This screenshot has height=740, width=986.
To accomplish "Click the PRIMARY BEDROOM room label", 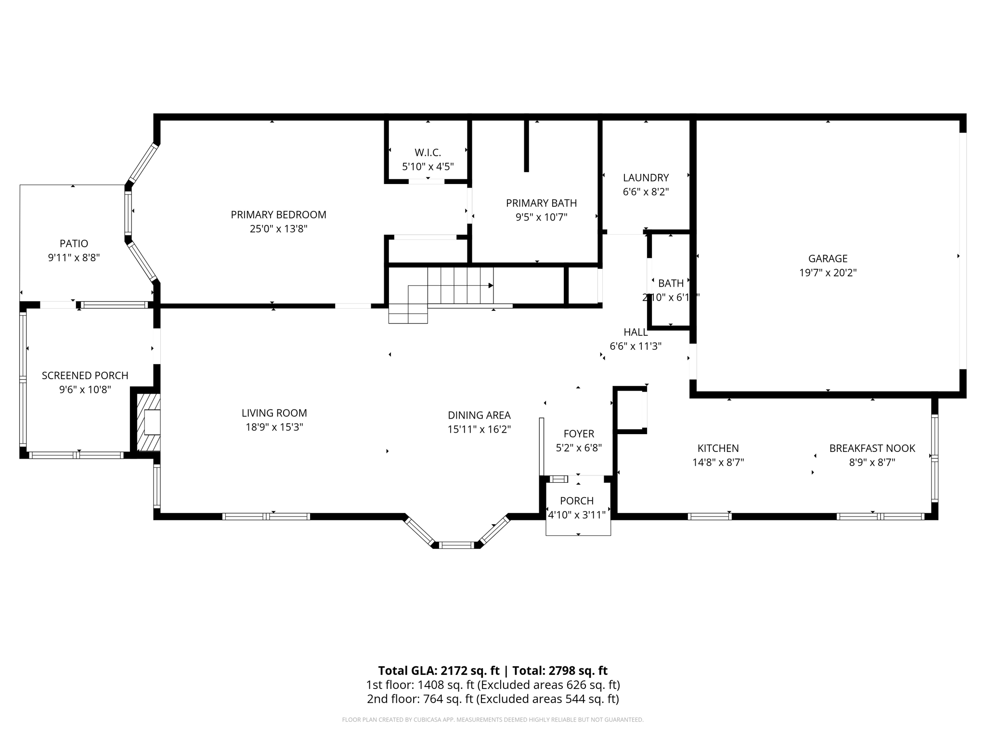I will [x=278, y=215].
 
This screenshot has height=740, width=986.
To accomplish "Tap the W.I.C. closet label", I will [x=428, y=153].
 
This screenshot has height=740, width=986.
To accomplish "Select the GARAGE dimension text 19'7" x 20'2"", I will [x=828, y=273].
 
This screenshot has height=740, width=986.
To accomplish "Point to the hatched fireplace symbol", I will [x=148, y=422].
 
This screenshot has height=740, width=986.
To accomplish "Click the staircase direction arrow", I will [x=490, y=286].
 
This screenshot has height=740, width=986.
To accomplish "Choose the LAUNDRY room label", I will [x=646, y=178].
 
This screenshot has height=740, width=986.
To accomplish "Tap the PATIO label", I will [x=74, y=244].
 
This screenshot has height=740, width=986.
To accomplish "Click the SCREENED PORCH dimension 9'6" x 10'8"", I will [x=85, y=389].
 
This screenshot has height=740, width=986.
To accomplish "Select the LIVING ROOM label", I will [x=274, y=413].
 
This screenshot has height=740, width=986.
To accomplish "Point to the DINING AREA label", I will [x=479, y=415].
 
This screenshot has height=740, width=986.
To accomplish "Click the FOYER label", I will [x=579, y=434].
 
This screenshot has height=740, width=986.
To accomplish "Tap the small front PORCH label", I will [x=577, y=501].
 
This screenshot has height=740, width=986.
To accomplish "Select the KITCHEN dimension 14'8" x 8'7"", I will [x=718, y=462].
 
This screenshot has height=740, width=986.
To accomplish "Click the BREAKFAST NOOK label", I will [x=872, y=449].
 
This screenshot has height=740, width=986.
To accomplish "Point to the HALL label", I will [x=636, y=332].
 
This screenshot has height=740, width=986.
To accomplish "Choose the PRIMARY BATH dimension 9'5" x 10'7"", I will [x=541, y=217].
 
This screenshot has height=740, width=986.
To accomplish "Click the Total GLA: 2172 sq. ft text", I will [x=439, y=671].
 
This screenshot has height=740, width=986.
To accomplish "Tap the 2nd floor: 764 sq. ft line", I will [x=493, y=699].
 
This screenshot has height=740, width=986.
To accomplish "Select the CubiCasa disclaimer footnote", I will [x=493, y=720].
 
